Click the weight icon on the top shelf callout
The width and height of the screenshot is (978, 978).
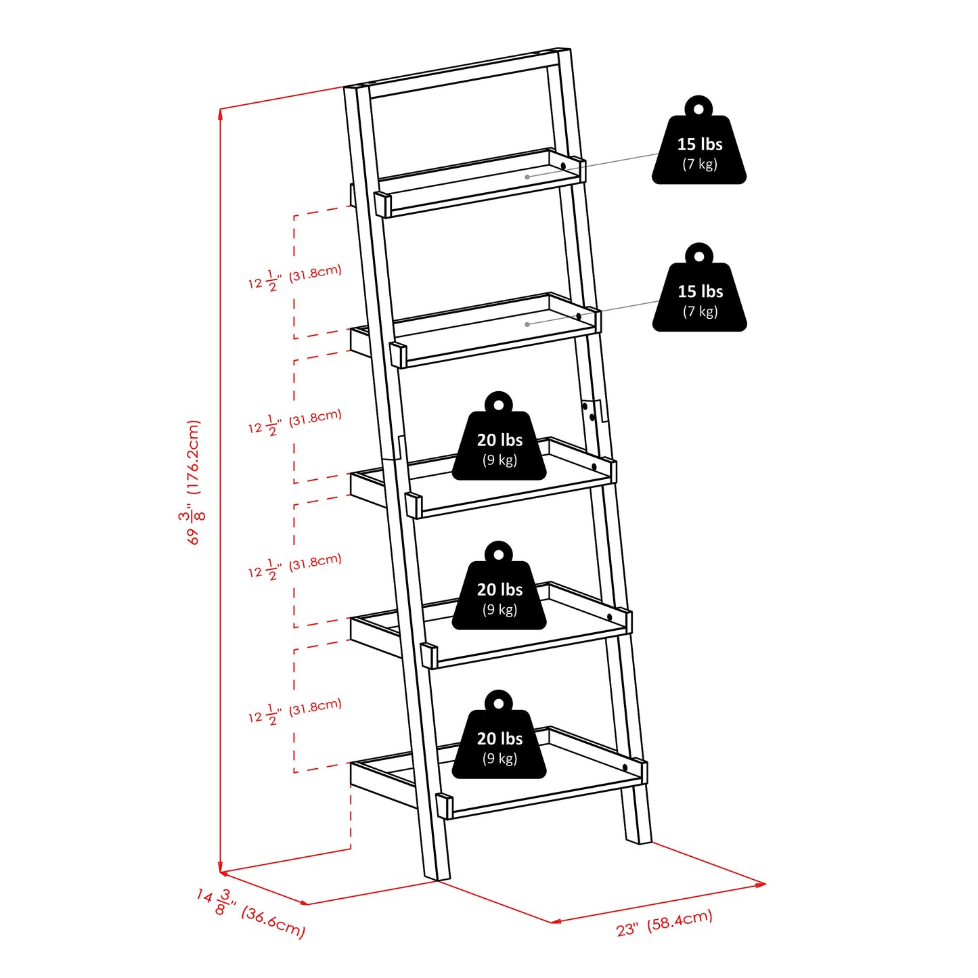[x=699, y=146]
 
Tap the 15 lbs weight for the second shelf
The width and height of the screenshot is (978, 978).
[x=699, y=293]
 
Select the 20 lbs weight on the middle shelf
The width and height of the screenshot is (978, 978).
[x=499, y=442]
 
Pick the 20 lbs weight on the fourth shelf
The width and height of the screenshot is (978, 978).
[x=499, y=592]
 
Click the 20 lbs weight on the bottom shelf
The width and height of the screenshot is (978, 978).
[x=499, y=740]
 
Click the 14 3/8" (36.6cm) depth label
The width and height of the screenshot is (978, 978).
[x=251, y=914]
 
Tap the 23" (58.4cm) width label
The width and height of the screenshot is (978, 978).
[x=665, y=923]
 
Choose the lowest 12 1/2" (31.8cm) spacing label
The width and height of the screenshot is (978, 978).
[x=294, y=711]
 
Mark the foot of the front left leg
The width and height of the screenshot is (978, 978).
[x=436, y=874]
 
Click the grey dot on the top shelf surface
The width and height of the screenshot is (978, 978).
[x=527, y=177]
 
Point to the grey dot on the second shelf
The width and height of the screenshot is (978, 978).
[x=527, y=324]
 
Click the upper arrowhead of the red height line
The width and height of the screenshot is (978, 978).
[x=221, y=113]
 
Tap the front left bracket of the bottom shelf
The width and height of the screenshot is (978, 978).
[x=444, y=805]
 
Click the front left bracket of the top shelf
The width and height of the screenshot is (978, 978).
[x=382, y=204]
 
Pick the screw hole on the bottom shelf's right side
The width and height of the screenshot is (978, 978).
[x=624, y=767]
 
